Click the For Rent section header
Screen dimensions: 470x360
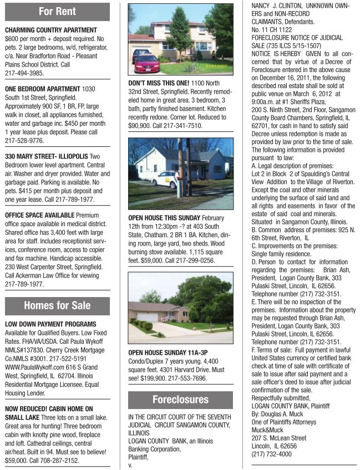pos(57,12)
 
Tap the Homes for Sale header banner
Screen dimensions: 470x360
pos(57,305)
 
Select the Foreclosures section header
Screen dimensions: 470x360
pos(180,400)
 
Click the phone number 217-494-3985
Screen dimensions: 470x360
pos(24,73)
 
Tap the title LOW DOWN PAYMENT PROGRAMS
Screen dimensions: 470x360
pos(50,324)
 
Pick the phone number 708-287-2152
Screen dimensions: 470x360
pos(55,460)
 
